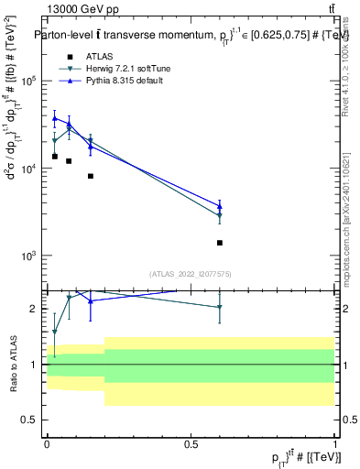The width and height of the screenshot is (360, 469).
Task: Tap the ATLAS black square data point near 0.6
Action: (220, 243)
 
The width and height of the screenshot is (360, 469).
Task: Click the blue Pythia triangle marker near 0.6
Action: (220, 206)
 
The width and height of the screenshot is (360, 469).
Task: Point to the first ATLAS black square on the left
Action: (55, 157)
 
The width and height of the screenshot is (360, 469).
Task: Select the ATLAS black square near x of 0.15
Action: (91, 176)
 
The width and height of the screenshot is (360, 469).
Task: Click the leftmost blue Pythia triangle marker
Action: (55, 118)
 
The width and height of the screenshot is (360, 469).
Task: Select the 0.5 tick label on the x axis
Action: (191, 443)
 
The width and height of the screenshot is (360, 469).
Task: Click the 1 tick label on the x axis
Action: (335, 443)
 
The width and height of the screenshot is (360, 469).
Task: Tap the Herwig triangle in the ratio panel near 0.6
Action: (220, 308)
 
